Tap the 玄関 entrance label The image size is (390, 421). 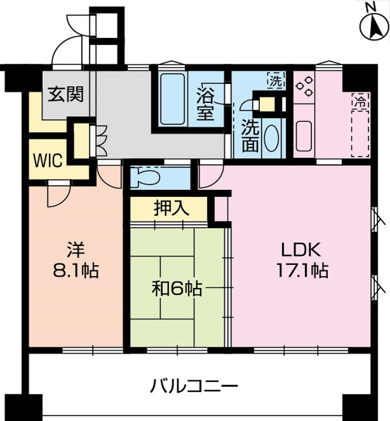(66, 94)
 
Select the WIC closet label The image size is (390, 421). (47, 161)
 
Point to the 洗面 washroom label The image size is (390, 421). (250, 136)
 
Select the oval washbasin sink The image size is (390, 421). (271, 139)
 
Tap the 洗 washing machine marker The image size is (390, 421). (275, 80)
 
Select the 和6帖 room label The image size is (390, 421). (176, 290)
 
